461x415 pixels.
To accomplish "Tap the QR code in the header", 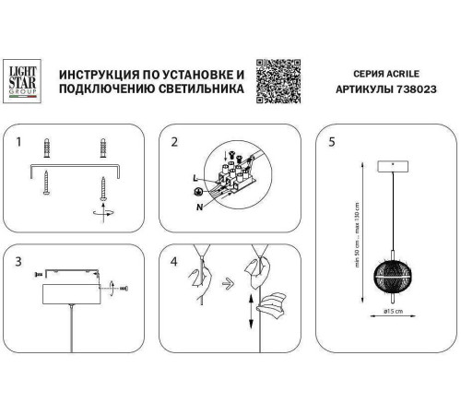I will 278,80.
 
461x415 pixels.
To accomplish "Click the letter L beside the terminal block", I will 195,177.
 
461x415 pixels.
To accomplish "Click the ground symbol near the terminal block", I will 196,192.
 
